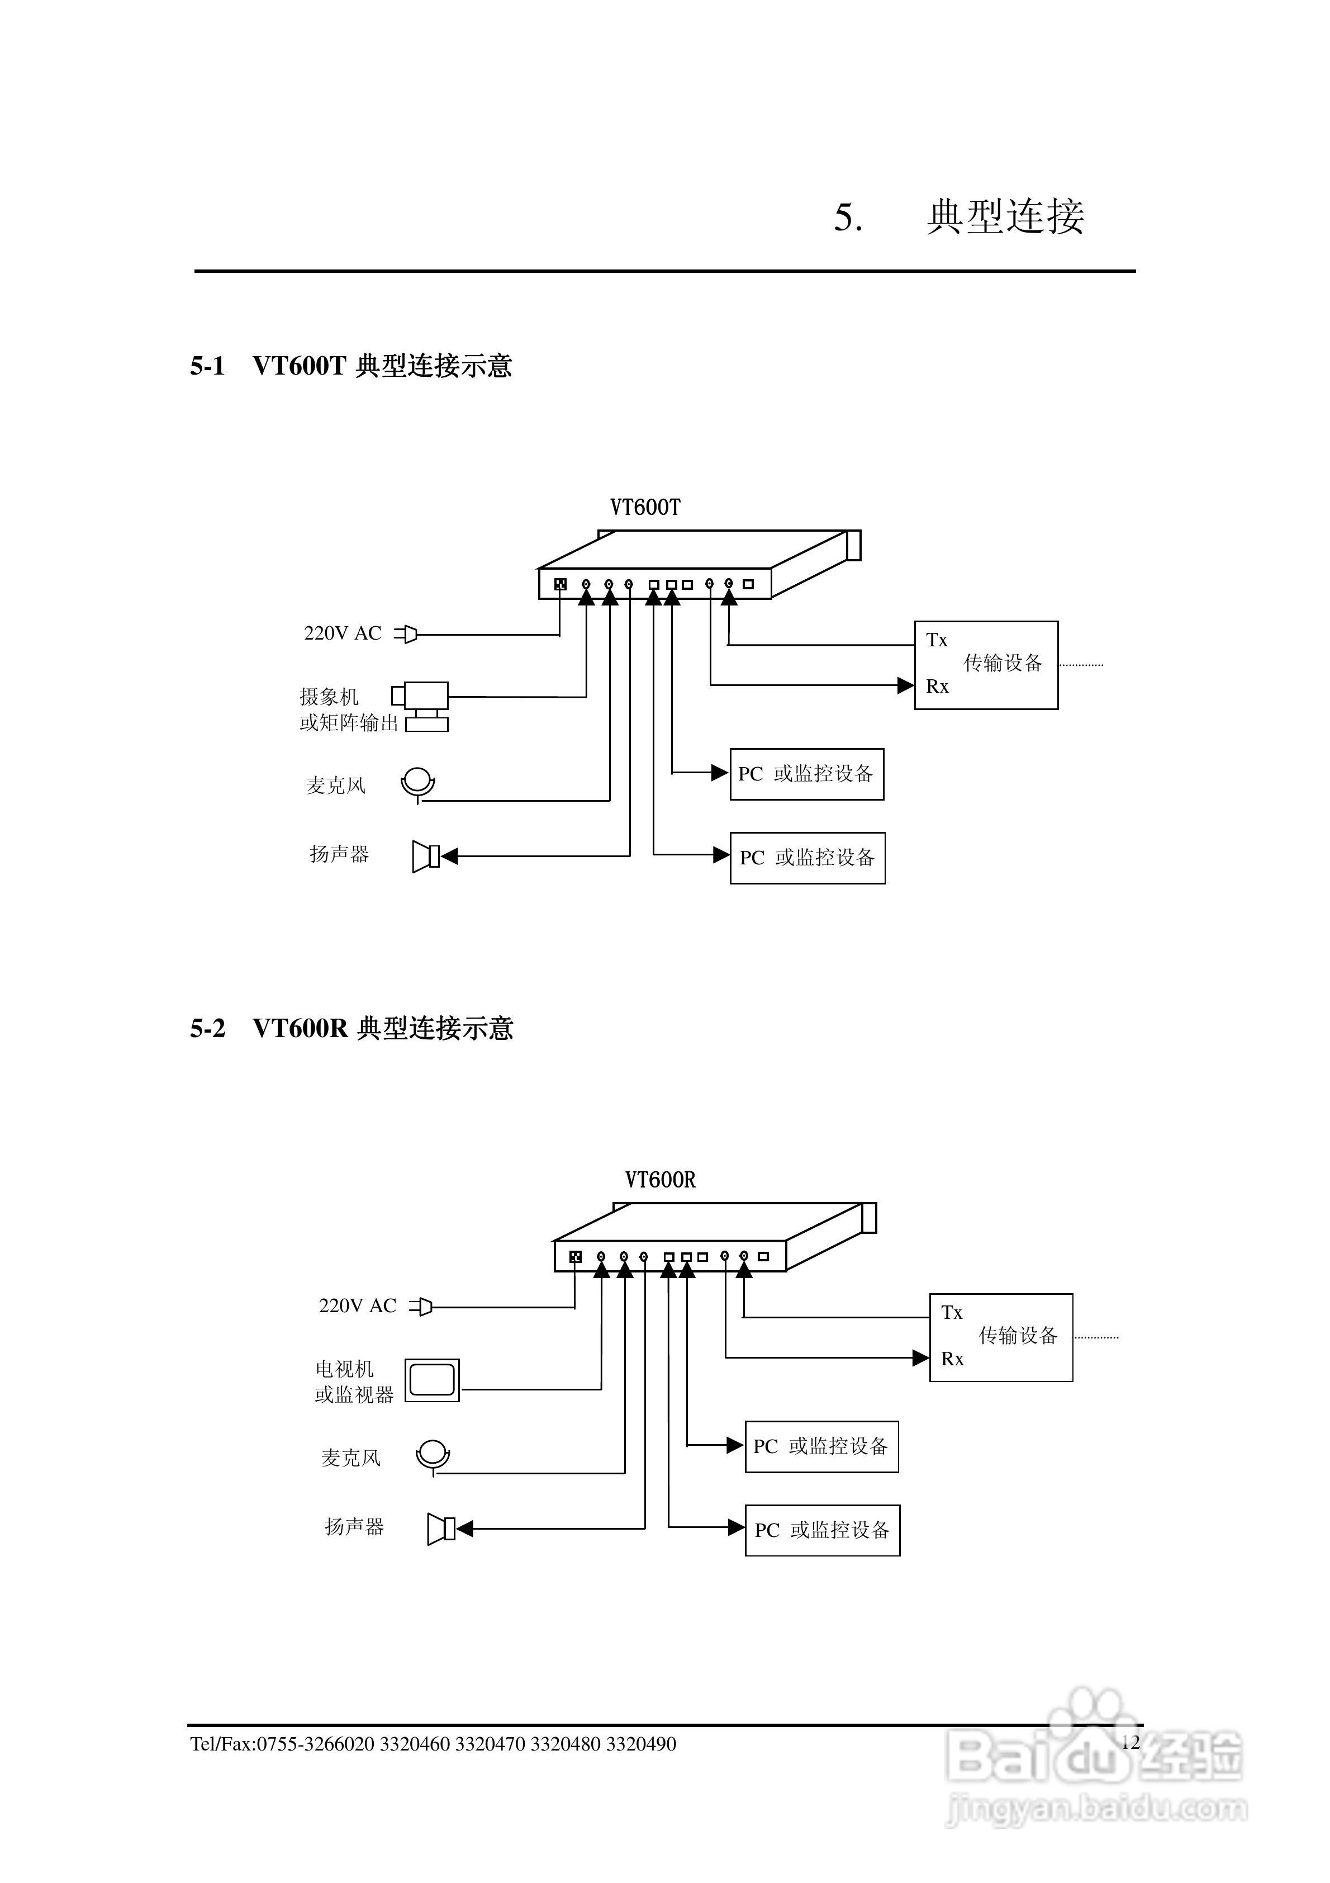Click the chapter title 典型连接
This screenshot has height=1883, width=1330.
pyautogui.click(x=1005, y=216)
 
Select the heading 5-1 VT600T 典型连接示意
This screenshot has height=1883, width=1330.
pyautogui.click(x=351, y=366)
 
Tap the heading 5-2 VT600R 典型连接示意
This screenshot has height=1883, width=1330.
pyautogui.click(x=351, y=1028)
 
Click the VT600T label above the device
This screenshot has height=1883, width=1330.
pyautogui.click(x=644, y=508)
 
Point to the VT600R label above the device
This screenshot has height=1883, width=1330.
pyautogui.click(x=660, y=1180)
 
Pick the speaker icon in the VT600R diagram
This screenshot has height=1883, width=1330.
pyautogui.click(x=440, y=1529)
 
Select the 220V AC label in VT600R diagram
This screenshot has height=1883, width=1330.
pyautogui.click(x=358, y=1305)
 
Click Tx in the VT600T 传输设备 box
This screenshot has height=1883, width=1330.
pyautogui.click(x=937, y=640)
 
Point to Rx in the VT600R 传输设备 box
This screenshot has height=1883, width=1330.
pyautogui.click(x=952, y=1359)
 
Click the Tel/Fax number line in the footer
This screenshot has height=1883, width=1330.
pyautogui.click(x=433, y=1744)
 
